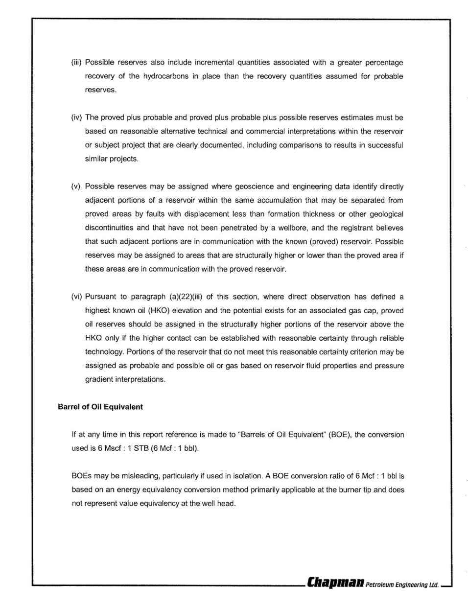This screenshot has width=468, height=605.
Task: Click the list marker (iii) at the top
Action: pos(76,63)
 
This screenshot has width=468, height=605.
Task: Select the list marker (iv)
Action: pos(76,117)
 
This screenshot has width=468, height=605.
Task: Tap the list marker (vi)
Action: pos(76,297)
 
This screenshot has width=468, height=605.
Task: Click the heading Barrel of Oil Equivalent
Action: pos(100,407)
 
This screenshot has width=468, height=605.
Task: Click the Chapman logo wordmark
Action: pos(335,583)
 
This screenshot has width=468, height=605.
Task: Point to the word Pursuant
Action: pos(100,297)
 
